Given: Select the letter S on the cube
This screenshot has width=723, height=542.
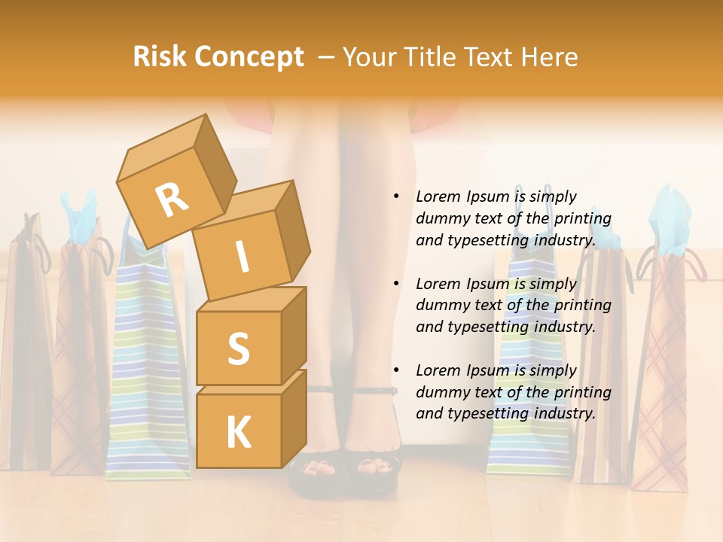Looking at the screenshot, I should click(x=238, y=349).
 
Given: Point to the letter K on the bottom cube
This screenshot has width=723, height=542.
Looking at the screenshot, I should click(x=238, y=433).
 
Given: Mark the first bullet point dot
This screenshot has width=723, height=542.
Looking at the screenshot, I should click(x=396, y=196).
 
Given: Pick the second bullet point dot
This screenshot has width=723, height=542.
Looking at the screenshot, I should click(x=396, y=284).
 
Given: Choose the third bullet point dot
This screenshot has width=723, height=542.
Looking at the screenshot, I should click(x=396, y=370).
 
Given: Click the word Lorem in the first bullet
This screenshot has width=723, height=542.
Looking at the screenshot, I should click(x=438, y=196).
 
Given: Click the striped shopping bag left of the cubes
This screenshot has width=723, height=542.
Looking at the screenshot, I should click(x=147, y=361).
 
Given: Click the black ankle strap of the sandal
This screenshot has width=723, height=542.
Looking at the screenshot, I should click(x=354, y=391).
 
